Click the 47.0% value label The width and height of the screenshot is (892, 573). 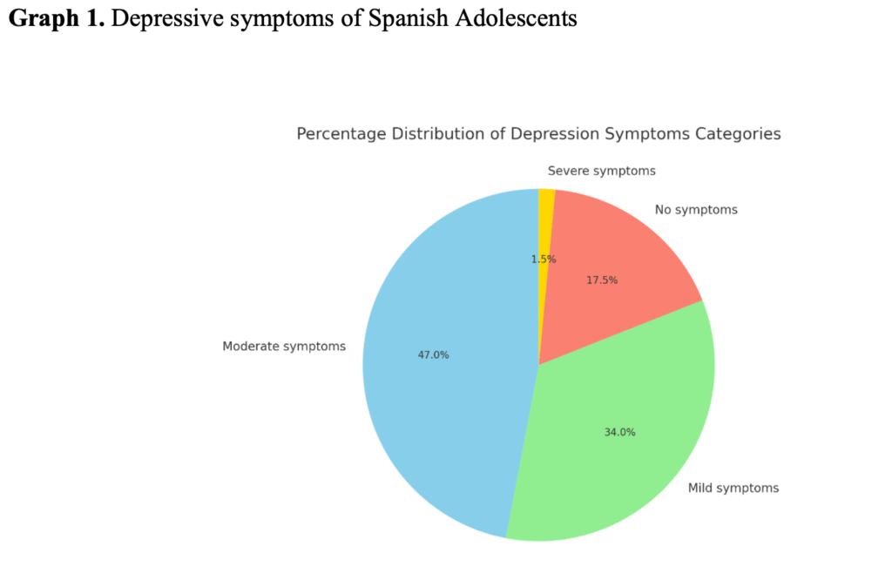[x=433, y=354]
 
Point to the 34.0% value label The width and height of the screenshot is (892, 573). [x=619, y=432]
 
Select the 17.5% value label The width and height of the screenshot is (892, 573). [x=601, y=280]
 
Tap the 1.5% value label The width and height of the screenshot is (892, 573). [x=544, y=259]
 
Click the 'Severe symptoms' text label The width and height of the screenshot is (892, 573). [x=601, y=171]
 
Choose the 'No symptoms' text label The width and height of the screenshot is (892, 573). [x=696, y=209]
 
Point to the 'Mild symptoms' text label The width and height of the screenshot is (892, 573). [x=733, y=488]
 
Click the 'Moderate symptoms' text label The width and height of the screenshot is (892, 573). [x=284, y=347]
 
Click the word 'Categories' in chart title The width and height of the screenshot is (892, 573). [x=740, y=134]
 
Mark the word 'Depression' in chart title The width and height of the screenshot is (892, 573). [x=552, y=134]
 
